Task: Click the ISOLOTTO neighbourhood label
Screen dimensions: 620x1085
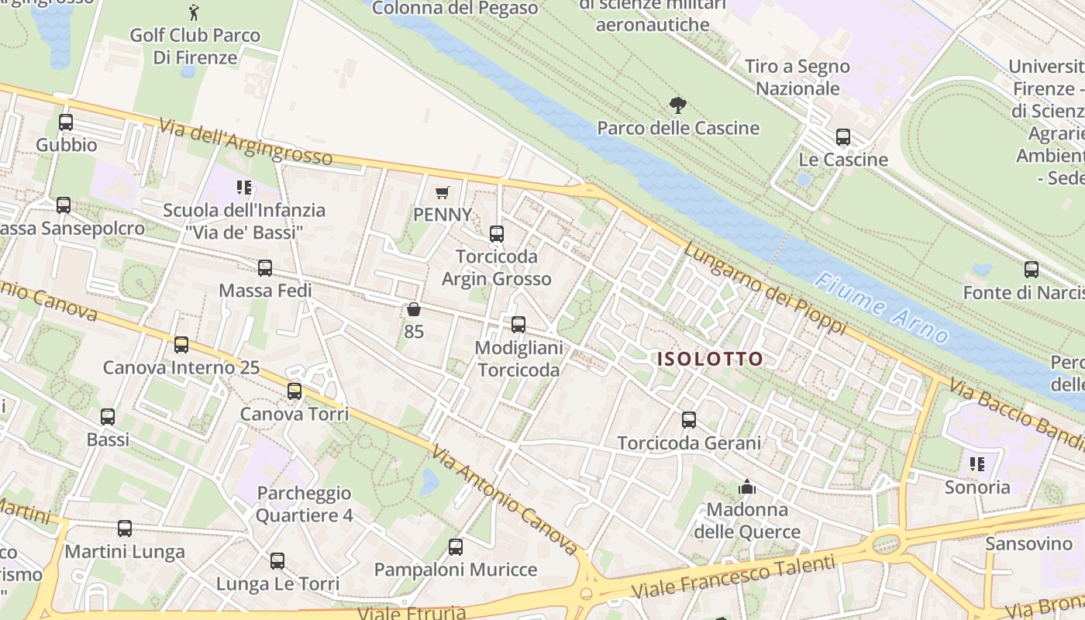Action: pos(710,359)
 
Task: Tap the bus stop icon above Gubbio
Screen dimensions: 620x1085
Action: pos(66,122)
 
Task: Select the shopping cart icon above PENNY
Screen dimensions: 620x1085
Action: pos(443,192)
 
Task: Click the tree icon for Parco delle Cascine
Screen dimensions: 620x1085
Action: pos(678,105)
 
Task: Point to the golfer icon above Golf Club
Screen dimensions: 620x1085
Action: pos(194,12)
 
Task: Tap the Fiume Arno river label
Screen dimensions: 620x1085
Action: pos(883,308)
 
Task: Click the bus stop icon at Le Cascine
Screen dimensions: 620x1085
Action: pos(843,137)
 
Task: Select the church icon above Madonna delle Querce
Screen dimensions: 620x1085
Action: pos(747,487)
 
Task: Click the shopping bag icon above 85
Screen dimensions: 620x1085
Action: pos(414,309)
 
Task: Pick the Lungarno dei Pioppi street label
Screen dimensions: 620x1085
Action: pos(765,288)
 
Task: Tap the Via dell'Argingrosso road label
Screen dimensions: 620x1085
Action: pos(246,142)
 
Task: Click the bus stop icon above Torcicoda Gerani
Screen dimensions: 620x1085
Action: pos(689,420)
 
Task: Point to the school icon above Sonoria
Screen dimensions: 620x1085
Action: pos(977,464)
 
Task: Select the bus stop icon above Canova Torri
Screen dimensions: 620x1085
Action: pos(294,391)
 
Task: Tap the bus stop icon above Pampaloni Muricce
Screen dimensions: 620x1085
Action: pos(456,547)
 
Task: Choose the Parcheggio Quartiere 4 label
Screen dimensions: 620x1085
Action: pos(304,504)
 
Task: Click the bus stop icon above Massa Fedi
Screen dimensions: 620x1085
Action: pos(265,268)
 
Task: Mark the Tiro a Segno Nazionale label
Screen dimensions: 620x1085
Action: pos(797,77)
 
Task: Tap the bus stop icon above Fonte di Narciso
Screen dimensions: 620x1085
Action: pos(1032,270)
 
